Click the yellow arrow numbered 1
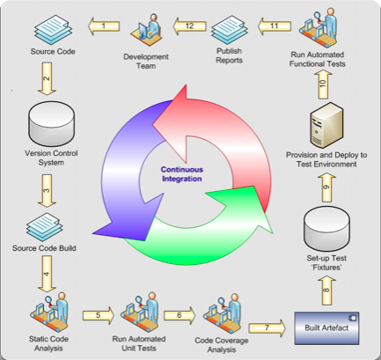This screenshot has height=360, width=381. (104, 26)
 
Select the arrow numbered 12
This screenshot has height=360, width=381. (189, 26)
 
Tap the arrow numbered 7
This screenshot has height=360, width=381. (267, 327)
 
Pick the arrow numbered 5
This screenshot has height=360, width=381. (99, 315)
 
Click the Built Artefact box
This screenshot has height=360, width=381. (326, 328)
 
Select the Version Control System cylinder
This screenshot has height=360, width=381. (51, 123)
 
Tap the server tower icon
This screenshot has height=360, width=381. (326, 125)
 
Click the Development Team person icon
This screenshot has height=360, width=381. (146, 29)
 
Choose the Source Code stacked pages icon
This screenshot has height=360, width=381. (53, 29)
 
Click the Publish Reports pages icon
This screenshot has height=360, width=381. (230, 29)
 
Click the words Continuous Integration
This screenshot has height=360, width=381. (182, 174)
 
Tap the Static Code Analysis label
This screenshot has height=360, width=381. (48, 343)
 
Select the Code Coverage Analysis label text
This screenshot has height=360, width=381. (222, 345)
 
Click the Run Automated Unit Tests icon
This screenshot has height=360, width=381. (139, 312)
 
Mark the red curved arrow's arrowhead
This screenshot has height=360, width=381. (173, 123)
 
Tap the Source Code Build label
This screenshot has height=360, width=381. (44, 248)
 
